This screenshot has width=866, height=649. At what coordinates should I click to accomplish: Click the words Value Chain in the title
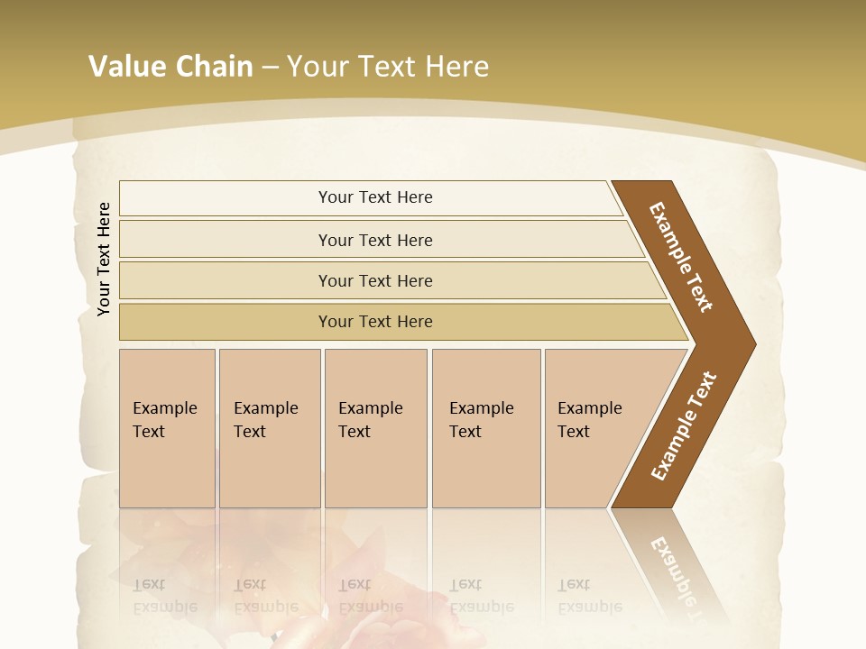(x=170, y=67)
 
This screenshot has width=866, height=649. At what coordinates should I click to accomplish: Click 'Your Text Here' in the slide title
(x=387, y=67)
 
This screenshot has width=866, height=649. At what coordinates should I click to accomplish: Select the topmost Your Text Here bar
(x=374, y=197)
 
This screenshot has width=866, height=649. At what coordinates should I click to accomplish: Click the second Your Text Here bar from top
(x=374, y=240)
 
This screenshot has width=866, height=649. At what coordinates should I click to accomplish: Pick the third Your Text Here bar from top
(x=374, y=280)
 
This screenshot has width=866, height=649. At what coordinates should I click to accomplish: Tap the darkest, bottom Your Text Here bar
(x=374, y=322)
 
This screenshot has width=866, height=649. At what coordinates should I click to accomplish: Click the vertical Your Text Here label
(x=104, y=259)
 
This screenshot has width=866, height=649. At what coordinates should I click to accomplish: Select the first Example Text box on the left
(x=167, y=427)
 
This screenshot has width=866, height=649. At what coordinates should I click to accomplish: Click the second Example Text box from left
(x=269, y=427)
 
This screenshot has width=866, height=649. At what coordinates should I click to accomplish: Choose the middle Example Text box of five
(x=374, y=427)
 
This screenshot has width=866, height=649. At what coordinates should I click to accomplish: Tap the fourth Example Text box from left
(x=485, y=427)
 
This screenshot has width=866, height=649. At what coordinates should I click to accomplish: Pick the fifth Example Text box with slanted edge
(x=595, y=427)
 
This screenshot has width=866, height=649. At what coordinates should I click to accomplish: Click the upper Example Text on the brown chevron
(x=681, y=257)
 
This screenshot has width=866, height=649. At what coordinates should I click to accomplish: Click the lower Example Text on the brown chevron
(x=684, y=425)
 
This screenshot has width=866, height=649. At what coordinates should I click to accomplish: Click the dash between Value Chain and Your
(x=269, y=68)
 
